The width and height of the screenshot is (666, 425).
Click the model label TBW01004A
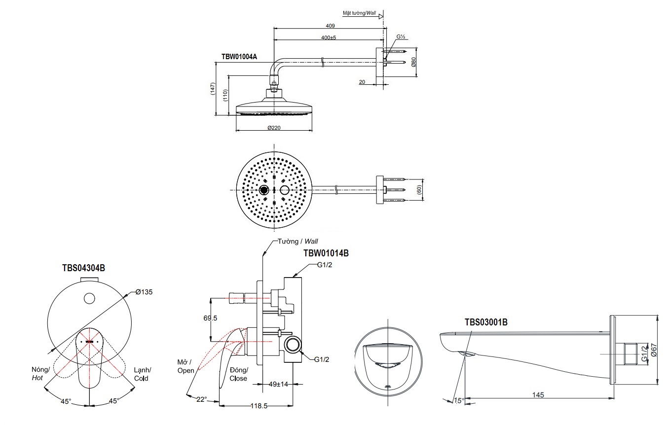click(x=239, y=57)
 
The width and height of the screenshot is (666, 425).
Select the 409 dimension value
click(x=330, y=26)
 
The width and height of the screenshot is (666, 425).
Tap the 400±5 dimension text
click(x=329, y=37)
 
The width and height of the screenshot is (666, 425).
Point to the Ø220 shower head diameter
click(x=274, y=127)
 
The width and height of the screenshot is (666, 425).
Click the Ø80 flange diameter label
click(x=413, y=63)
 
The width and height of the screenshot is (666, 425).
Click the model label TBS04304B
click(x=83, y=268)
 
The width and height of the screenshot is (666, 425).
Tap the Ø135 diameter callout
click(x=144, y=292)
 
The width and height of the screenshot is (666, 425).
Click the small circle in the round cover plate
click(x=89, y=298)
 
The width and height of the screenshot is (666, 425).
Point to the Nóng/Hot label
click(x=40, y=373)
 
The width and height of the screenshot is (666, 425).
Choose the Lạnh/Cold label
click(x=142, y=374)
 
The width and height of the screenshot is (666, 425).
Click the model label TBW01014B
click(x=326, y=253)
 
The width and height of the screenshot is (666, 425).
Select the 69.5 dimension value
click(x=210, y=319)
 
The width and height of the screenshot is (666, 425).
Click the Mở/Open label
click(x=186, y=366)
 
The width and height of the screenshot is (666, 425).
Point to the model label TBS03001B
click(x=486, y=322)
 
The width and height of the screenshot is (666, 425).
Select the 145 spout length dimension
click(x=538, y=394)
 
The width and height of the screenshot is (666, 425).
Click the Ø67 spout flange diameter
click(x=654, y=351)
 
